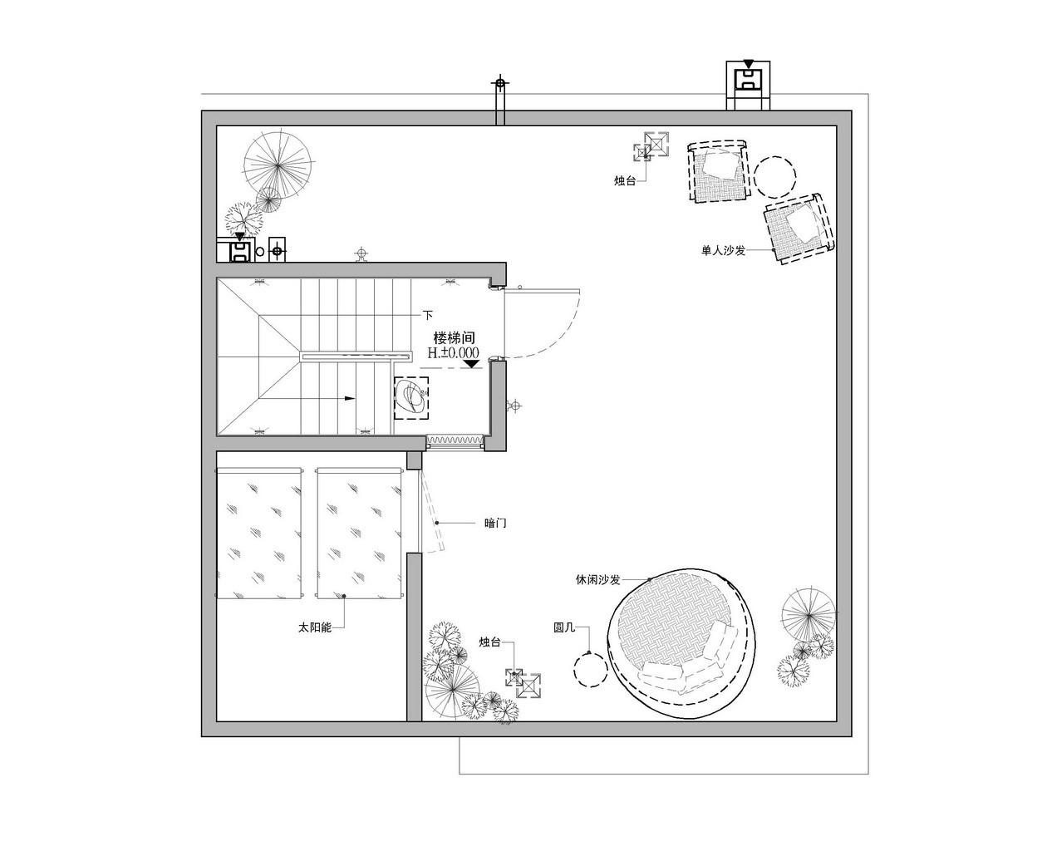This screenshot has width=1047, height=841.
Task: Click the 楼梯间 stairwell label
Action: tap(454, 338)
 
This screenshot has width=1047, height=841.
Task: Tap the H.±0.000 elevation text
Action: tap(454, 352)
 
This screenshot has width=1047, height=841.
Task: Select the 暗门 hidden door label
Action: tap(495, 523)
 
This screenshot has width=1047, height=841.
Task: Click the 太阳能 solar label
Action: tap(315, 628)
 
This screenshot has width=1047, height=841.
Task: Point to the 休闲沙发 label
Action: tap(598, 579)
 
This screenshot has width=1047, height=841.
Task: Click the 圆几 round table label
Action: tap(565, 628)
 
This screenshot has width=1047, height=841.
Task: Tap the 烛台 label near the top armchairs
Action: tap(625, 180)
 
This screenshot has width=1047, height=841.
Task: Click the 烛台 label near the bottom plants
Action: tap(489, 642)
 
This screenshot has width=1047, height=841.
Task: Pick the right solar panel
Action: tap(360, 534)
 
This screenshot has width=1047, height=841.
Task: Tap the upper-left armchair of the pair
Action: tap(719, 171)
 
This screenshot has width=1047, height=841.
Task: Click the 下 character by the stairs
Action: tap(429, 316)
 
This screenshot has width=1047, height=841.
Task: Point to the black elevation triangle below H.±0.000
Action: tap(471, 363)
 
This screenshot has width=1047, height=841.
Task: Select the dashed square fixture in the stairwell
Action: tap(411, 397)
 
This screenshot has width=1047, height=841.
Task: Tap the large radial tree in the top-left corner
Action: tap(278, 160)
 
